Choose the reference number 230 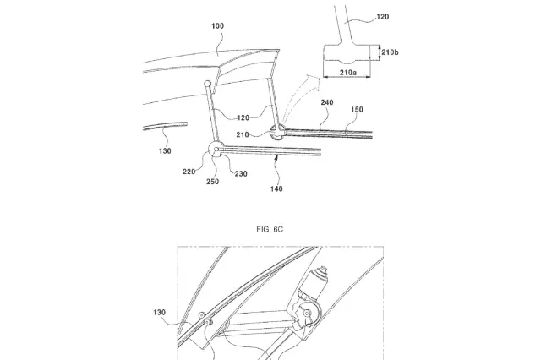point(242,174)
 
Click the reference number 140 point(277,191)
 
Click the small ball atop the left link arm point(208,84)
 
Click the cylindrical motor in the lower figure point(320,281)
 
